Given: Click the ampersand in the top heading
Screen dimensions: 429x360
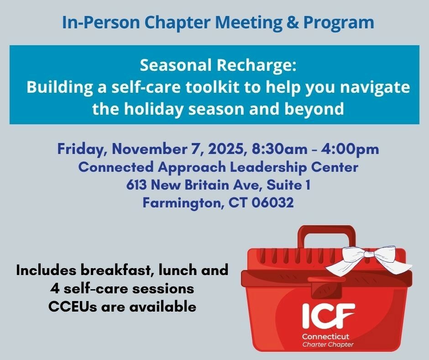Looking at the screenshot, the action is point(293,22).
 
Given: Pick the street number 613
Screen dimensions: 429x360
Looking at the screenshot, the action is point(136,185).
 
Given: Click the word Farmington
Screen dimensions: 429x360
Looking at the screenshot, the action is point(181,203).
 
